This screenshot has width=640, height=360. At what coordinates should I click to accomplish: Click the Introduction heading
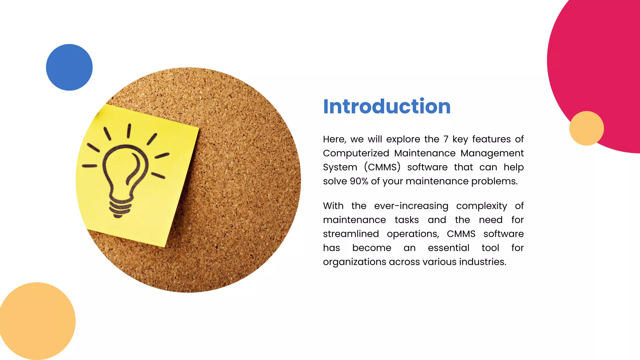[387, 106]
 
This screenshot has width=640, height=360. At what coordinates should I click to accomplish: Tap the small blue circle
[69, 67]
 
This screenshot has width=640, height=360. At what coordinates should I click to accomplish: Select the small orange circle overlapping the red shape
[586, 128]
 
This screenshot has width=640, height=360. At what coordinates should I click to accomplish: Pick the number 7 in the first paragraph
[446, 139]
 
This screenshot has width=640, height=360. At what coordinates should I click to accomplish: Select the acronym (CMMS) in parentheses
[382, 167]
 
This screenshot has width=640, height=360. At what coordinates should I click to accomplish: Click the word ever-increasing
[411, 206]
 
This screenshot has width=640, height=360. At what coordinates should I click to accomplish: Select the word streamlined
[351, 234]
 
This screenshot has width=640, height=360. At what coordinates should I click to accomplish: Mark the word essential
[448, 248]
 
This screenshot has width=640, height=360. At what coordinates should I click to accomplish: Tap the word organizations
[354, 262]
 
